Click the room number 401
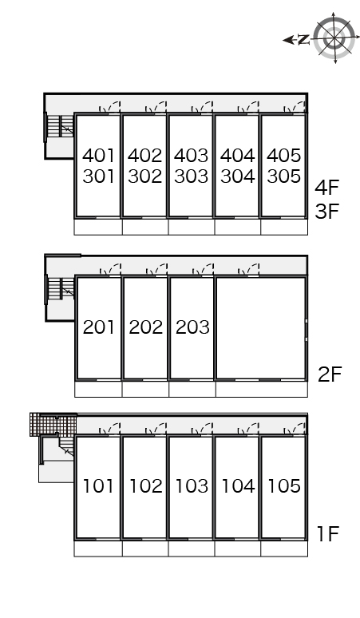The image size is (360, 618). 98,155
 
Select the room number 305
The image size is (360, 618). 284,176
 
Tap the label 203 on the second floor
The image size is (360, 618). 192,327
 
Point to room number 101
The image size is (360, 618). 98,485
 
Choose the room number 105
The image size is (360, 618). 284,485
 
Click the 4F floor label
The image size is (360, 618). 327,187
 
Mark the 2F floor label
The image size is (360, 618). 330,374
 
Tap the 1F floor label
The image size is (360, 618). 329,533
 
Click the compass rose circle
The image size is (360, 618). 334,38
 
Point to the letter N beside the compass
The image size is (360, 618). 303,39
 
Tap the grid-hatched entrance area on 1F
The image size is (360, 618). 53,425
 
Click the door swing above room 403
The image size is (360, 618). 202,107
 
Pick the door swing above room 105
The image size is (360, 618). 295,429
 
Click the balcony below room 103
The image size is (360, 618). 192,549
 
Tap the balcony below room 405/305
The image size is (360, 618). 284,227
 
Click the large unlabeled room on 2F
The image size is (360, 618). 260,328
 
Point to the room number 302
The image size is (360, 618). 145,176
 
